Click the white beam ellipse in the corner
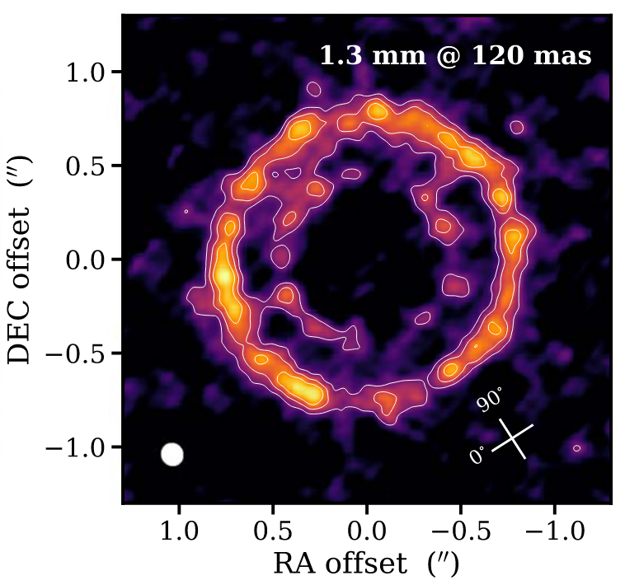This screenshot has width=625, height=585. tap(172, 455)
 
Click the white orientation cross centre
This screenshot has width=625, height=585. tap(514, 438)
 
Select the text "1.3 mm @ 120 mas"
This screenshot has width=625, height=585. tap(455, 57)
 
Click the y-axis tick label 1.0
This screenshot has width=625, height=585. tap(93, 73)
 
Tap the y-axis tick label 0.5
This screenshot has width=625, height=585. tap(93, 166)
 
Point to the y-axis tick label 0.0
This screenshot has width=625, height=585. tap(93, 260)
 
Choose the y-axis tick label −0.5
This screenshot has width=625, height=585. tap(86, 354)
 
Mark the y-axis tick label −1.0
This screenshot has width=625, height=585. tap(86, 447)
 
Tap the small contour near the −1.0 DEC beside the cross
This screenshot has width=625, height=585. tap(577, 448)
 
